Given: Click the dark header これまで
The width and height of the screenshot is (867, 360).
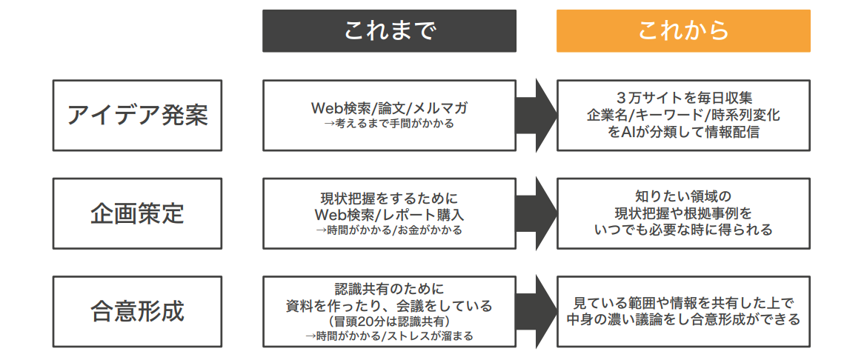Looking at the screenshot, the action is pyautogui.click(x=389, y=31).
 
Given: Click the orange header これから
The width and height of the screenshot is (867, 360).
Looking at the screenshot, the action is pyautogui.click(x=683, y=31).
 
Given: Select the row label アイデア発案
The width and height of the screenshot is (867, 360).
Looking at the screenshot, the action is pyautogui.click(x=138, y=116).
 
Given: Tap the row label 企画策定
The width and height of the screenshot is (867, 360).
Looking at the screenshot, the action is pyautogui.click(x=138, y=213).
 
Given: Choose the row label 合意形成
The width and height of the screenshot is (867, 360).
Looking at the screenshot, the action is pyautogui.click(x=138, y=311).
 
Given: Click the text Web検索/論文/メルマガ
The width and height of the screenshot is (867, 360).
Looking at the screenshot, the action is pyautogui.click(x=389, y=108).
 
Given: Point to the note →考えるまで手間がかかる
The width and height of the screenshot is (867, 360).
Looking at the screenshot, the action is pyautogui.click(x=389, y=124).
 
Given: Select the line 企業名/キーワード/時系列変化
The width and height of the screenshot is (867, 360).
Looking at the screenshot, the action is pyautogui.click(x=683, y=116).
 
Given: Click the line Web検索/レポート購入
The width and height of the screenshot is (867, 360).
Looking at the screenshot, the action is pyautogui.click(x=389, y=214).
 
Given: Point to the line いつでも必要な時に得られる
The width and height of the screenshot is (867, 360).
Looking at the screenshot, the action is pyautogui.click(x=683, y=230).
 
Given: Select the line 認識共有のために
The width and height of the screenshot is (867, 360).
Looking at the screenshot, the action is pyautogui.click(x=389, y=288).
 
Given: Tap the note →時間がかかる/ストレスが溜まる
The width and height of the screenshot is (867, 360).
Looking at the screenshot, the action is pyautogui.click(x=389, y=336).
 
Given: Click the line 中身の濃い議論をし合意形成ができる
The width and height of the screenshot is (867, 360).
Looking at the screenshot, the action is pyautogui.click(x=683, y=320).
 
